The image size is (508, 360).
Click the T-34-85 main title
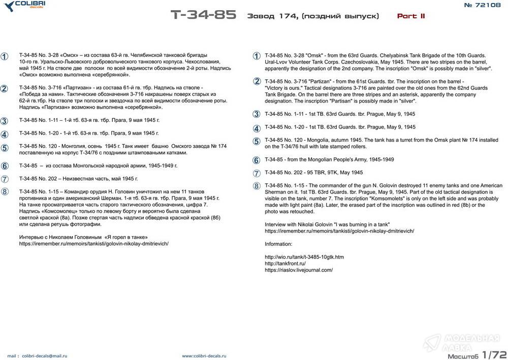pyautogui.click(x=203, y=15)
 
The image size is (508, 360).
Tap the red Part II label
pyautogui.click(x=410, y=16)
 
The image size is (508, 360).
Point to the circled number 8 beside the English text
pyautogui.click(x=257, y=186)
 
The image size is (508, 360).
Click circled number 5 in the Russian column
pyautogui.click(x=5, y=148)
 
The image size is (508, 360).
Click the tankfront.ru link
pyautogui.click(x=285, y=264)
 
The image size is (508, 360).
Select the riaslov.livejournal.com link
pyautogui.click(x=299, y=270)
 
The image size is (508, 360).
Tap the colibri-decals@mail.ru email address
pyautogui.click(x=44, y=356)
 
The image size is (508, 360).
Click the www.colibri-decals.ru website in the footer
pyautogui.click(x=204, y=356)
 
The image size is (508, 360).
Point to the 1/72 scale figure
pyautogui.click(x=494, y=353)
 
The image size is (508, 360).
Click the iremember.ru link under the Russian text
pyautogui.click(x=93, y=243)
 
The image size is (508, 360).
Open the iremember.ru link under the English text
pyautogui.click(x=339, y=231)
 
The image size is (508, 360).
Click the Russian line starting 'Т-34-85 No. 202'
pyautogui.click(x=78, y=179)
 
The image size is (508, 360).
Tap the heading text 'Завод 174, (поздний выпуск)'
pyautogui.click(x=313, y=16)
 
